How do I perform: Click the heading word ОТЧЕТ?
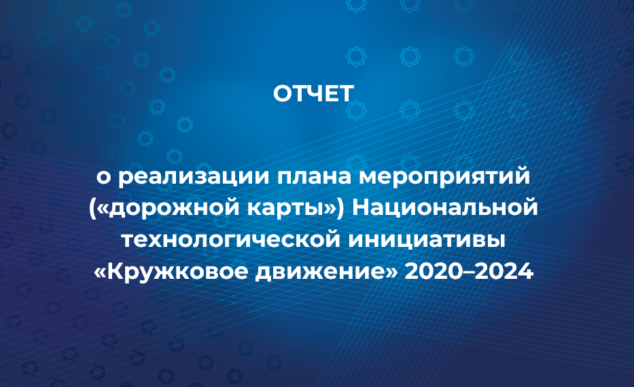pos(313,94)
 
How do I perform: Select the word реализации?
pos(194,178)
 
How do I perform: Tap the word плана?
pos(314,178)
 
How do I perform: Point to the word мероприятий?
pos(444,178)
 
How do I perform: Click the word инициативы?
pos(427,241)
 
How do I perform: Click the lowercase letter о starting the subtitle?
pos(103,179)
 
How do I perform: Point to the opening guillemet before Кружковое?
pos(101,273)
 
